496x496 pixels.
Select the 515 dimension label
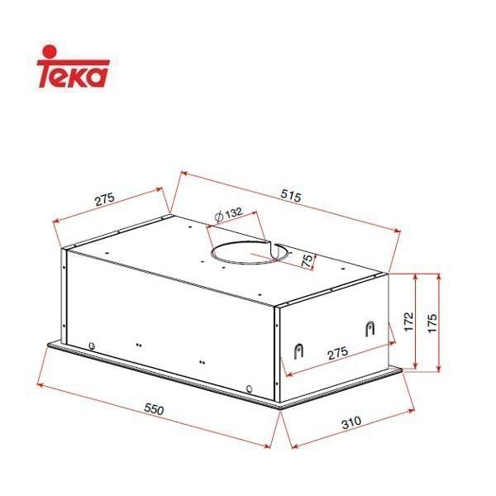289,197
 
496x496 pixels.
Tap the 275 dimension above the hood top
103,199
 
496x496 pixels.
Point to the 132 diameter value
233,213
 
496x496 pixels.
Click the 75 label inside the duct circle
308,261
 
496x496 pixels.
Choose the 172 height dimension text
408,322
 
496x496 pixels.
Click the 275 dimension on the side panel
335,354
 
